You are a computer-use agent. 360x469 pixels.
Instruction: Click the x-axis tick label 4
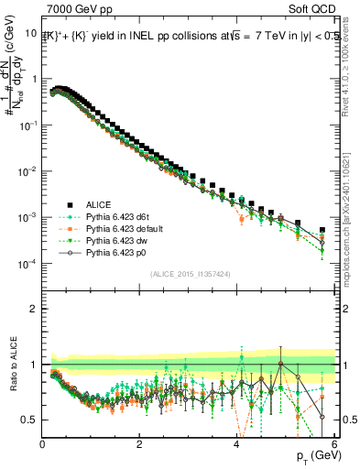point(237,443)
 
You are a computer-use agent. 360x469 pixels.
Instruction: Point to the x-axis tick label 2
point(140,443)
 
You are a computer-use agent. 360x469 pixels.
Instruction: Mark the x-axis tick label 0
point(43,443)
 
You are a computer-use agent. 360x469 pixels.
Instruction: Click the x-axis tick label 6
point(334,443)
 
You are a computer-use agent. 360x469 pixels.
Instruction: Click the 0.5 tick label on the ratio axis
point(28,420)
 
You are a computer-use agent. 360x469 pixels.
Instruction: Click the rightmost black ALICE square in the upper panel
point(322,230)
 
